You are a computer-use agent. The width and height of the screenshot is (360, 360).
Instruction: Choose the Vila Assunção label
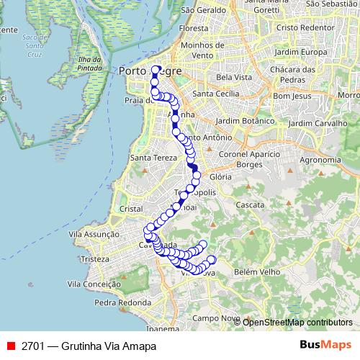tap(93, 234)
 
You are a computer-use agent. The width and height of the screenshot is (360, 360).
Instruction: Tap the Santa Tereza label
tap(149, 158)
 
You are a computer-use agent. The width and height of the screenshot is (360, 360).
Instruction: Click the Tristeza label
tap(94, 258)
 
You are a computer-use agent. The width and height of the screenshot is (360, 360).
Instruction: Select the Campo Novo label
tap(215, 318)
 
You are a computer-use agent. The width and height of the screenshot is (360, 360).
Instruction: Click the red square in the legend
tap(11, 346)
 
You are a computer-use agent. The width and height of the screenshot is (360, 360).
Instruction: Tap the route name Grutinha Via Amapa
tap(109, 346)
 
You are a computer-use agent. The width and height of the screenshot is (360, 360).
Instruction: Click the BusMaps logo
tap(325, 345)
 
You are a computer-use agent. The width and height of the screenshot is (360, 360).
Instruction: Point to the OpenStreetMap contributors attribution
tap(297, 322)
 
